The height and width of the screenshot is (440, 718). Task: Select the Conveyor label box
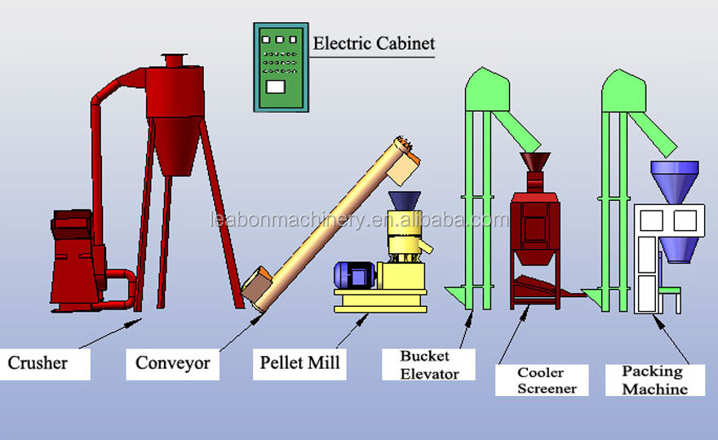(172, 362)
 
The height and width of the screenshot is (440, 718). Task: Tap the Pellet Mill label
(299, 362)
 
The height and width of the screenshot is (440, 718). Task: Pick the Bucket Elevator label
(429, 364)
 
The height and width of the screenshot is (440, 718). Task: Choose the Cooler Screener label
(546, 380)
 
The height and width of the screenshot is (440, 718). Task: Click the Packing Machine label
(654, 380)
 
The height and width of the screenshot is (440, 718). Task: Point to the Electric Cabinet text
(375, 43)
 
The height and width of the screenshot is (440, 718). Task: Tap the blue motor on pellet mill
(353, 275)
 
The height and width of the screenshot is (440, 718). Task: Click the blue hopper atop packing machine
(674, 182)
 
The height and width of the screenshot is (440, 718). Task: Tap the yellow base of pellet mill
(380, 304)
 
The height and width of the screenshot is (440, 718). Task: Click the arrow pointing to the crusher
(110, 336)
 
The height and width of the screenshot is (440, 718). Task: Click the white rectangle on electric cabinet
(276, 86)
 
